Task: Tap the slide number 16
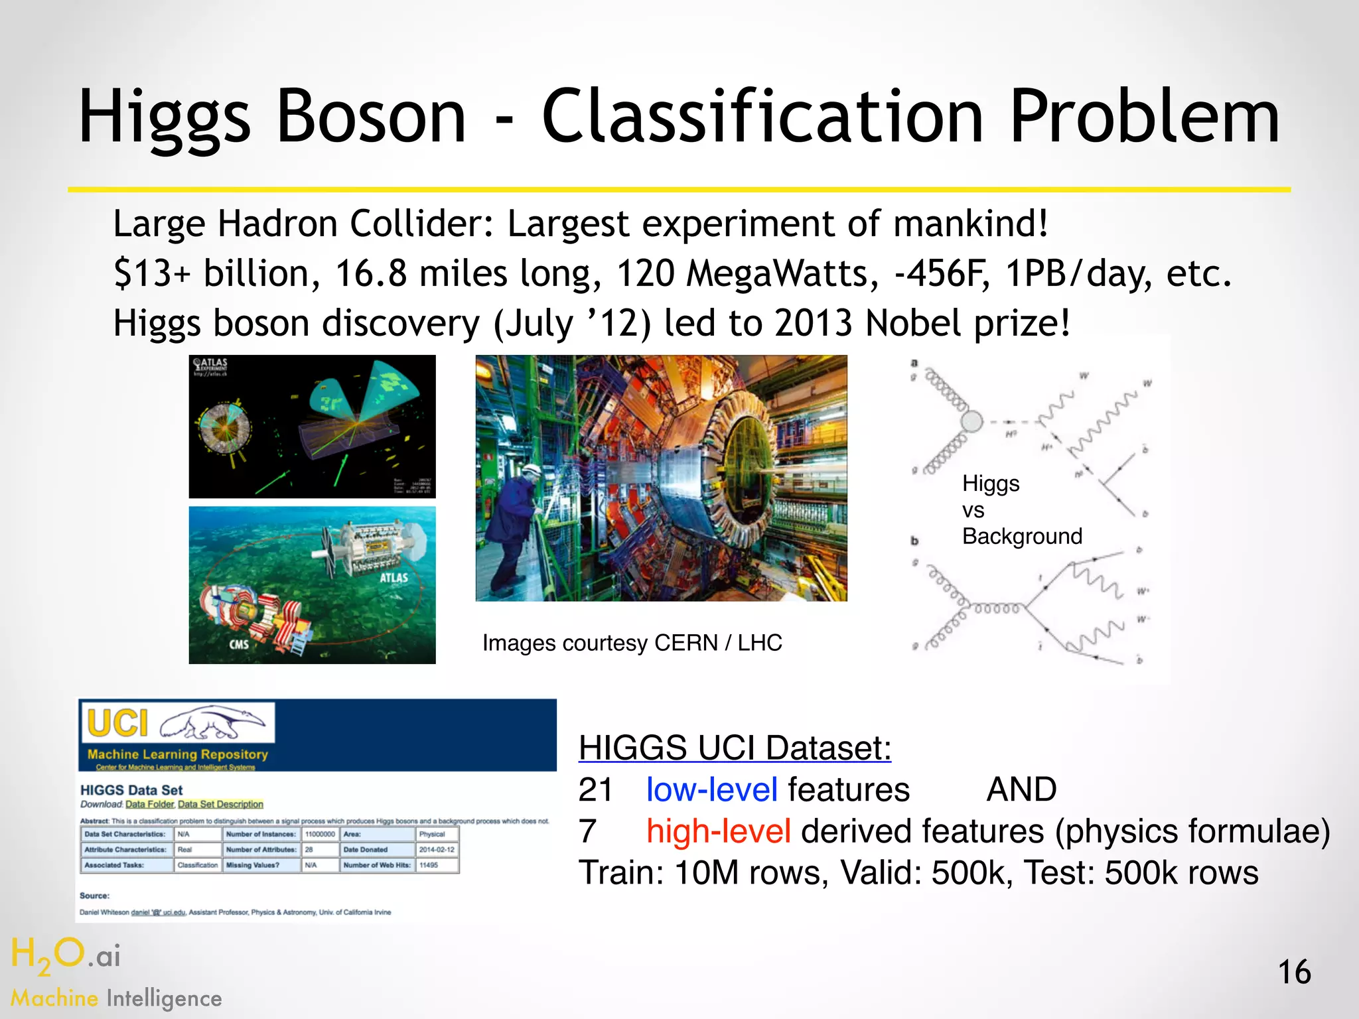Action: click(1294, 973)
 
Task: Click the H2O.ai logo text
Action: click(66, 955)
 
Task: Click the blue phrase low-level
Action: click(711, 790)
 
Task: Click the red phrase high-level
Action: click(719, 831)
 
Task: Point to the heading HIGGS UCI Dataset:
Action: click(735, 748)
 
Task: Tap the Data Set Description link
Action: click(220, 804)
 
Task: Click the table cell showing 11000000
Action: click(320, 834)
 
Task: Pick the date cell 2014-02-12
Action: click(437, 849)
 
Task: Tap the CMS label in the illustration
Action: click(239, 644)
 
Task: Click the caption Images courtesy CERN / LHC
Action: click(632, 643)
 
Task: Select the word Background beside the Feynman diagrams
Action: click(1022, 536)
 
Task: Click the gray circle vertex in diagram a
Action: click(971, 421)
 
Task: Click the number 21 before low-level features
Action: click(595, 790)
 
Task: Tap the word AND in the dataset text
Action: click(1021, 790)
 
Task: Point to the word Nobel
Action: click(913, 324)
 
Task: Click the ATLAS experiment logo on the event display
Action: click(210, 366)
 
